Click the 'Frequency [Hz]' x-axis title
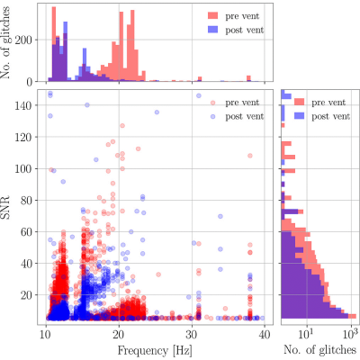(155, 350)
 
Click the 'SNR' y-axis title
(5, 208)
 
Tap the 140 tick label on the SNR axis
(24, 105)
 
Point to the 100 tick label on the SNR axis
(24, 169)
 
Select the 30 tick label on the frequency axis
(192, 334)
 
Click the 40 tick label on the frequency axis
(265, 334)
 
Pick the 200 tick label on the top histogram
(24, 40)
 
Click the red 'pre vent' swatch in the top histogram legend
(212, 16)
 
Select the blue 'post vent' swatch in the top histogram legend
(212, 30)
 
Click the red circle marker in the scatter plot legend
(212, 103)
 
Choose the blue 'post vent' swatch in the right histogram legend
(299, 116)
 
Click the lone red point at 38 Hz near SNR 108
(250, 156)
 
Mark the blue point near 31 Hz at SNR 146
(199, 95)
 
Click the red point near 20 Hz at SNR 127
(122, 126)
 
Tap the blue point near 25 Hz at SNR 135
(157, 112)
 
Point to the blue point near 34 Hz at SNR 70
(220, 216)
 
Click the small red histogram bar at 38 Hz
(248, 78)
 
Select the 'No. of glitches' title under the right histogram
(319, 350)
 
